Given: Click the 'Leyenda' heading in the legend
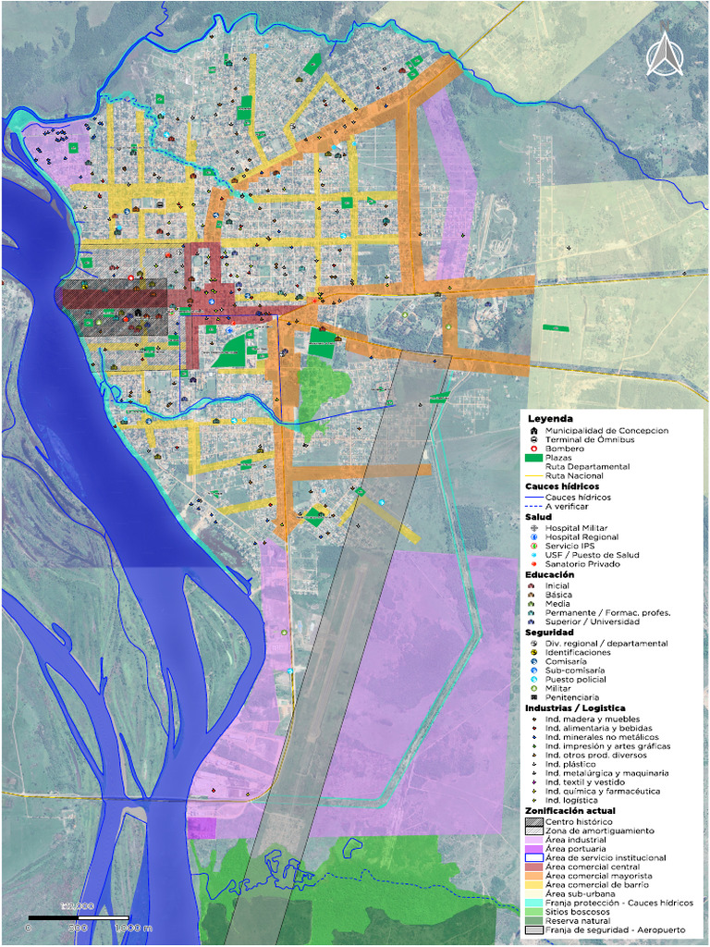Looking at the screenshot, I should pos(550,419).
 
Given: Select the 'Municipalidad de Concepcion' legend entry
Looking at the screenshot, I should pos(606,431).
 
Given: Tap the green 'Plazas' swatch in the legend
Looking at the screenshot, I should pos(533,458).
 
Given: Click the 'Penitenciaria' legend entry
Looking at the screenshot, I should pos(571,696).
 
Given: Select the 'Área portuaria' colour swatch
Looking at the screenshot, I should pos(533,848).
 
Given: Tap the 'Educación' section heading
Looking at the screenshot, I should pos(550,574).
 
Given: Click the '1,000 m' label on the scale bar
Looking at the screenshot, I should pos(133,927).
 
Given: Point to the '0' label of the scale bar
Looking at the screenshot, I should pos(29,927).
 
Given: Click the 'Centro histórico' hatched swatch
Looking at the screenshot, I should pos(533,821).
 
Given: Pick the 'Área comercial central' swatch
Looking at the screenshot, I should pos(533,867).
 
